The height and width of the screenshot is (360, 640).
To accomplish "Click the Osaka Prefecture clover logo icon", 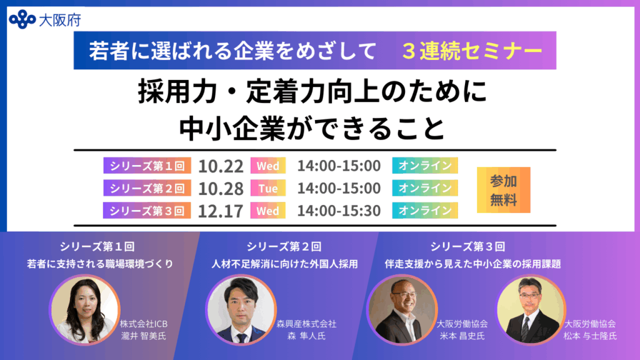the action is click(x=22, y=19).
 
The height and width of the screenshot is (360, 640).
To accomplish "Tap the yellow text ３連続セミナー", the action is click(x=472, y=51).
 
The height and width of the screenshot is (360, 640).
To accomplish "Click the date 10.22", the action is click(x=221, y=166).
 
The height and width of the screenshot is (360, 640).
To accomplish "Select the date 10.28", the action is click(x=221, y=189).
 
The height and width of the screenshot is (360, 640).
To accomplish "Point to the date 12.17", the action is click(x=221, y=211).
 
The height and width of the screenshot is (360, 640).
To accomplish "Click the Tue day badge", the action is click(x=268, y=188).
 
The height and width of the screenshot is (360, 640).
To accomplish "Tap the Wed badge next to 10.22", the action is click(x=268, y=166).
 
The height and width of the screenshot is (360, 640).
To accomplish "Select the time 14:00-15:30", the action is click(x=339, y=211).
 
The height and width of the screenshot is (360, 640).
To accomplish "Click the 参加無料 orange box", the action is click(x=504, y=190).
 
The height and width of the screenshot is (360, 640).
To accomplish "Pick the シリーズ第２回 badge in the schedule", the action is click(x=147, y=188).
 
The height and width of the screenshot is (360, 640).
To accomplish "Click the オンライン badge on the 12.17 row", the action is click(x=425, y=211).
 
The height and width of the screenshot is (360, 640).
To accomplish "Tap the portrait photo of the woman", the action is click(x=84, y=309).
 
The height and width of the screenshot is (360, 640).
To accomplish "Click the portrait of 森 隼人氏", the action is click(x=241, y=309).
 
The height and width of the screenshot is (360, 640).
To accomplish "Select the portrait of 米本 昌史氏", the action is click(x=402, y=309).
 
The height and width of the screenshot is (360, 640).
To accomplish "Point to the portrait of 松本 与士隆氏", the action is click(x=531, y=309).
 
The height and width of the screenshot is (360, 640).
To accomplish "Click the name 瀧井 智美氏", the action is click(x=144, y=336).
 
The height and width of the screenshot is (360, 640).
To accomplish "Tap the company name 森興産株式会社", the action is click(x=306, y=324).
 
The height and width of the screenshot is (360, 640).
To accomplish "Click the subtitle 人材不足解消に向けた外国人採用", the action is click(x=284, y=264).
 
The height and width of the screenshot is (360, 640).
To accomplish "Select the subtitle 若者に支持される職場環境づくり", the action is click(x=101, y=264).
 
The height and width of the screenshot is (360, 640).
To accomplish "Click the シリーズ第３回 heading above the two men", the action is click(x=467, y=246).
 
